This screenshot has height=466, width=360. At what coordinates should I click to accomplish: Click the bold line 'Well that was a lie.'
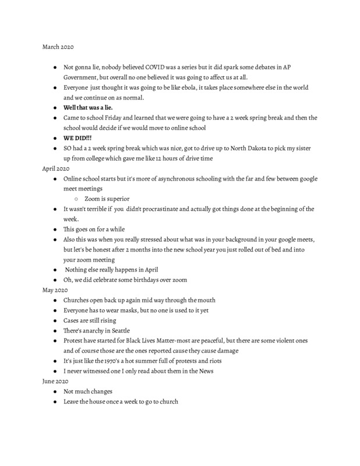88,107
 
